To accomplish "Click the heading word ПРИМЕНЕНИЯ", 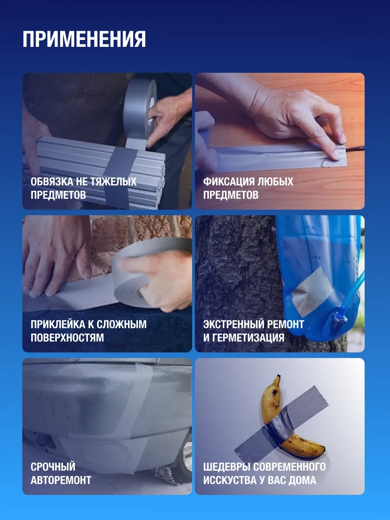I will [84, 39].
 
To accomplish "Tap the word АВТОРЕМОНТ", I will [61, 480].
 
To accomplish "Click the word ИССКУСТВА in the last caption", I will [230, 480].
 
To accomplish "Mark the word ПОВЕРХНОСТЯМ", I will [67, 338].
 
